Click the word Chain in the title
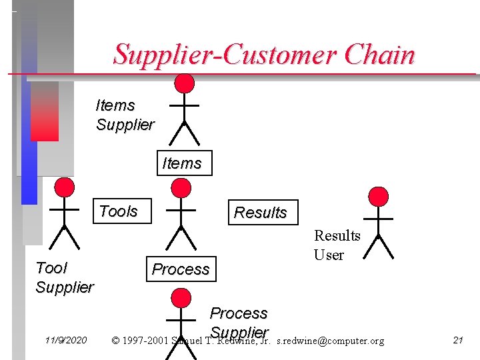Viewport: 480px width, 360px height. [x=379, y=55]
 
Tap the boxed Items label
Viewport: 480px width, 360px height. [x=184, y=163]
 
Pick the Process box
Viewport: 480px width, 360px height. [x=181, y=269]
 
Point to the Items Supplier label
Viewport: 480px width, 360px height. [x=125, y=115]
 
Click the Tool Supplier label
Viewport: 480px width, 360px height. [x=64, y=277]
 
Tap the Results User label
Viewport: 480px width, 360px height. [x=337, y=245]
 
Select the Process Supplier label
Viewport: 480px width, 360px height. [x=239, y=322]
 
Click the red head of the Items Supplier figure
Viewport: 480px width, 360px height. [x=184, y=83]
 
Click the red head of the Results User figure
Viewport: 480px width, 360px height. [x=378, y=196]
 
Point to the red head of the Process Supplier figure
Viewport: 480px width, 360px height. [x=181, y=298]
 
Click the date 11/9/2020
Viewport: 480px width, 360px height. [x=66, y=341]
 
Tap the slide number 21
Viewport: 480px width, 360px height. [x=458, y=340]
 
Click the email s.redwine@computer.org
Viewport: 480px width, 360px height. [x=330, y=341]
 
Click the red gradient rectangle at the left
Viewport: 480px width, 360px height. [x=44, y=111]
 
